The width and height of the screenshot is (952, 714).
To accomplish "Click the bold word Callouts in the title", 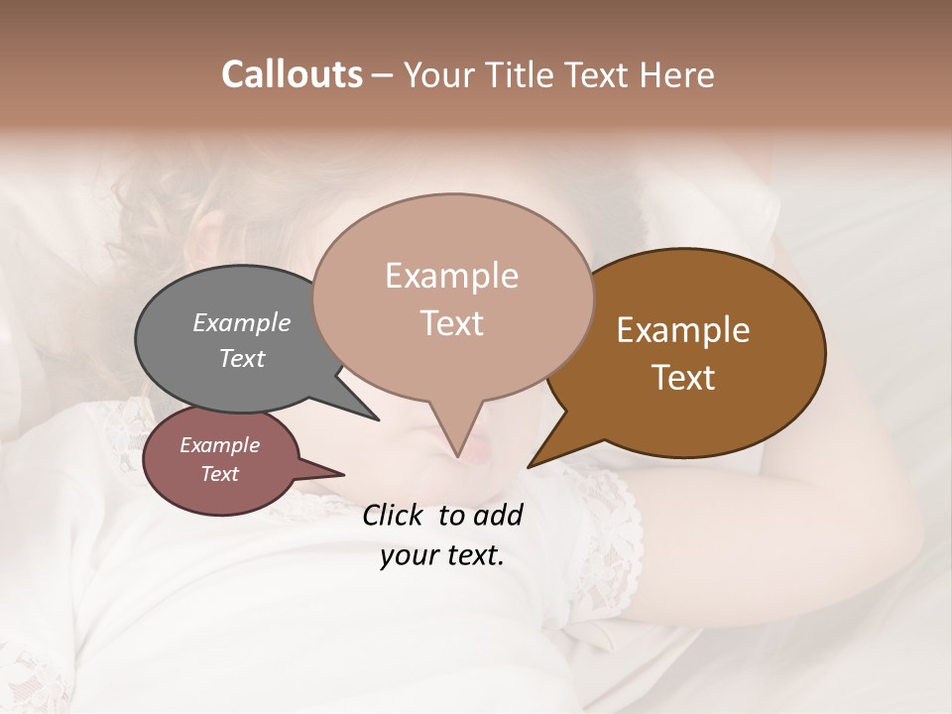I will [292, 74].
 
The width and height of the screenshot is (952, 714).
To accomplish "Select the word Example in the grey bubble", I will [242, 322].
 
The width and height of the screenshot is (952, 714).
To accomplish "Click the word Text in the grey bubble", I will [242, 358].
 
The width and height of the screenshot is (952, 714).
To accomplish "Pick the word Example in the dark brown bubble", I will [683, 330].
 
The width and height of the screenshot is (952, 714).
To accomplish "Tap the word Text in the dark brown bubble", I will [683, 378].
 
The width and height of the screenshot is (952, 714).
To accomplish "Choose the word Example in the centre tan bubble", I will [451, 276].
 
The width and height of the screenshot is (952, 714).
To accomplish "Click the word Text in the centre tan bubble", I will [451, 323].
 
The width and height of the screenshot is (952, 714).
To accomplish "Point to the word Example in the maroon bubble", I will [220, 445].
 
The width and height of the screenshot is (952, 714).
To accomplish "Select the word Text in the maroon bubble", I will [220, 474].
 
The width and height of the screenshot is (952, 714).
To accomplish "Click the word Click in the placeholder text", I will [394, 515].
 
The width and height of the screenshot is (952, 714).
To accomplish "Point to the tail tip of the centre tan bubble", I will [458, 457].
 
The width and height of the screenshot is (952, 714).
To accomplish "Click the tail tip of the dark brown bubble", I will [528, 467].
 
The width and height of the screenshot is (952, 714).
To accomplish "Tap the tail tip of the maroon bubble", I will [344, 474].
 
